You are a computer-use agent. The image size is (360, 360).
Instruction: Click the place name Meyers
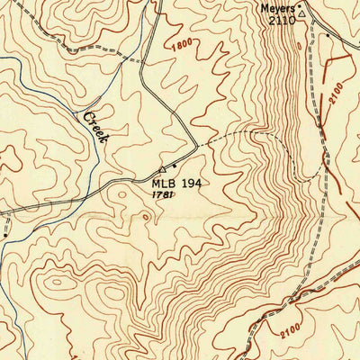click(x=277, y=8)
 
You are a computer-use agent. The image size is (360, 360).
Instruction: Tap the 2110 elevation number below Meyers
click(x=281, y=20)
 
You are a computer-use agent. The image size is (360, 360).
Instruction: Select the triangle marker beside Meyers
click(x=303, y=13)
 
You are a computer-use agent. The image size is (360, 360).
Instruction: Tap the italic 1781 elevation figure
click(x=162, y=194)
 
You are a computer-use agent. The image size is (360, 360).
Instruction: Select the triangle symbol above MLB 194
click(x=162, y=169)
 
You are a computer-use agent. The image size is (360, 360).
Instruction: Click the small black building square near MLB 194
click(x=174, y=167)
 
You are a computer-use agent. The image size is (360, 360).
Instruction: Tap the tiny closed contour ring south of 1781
click(x=144, y=218)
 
